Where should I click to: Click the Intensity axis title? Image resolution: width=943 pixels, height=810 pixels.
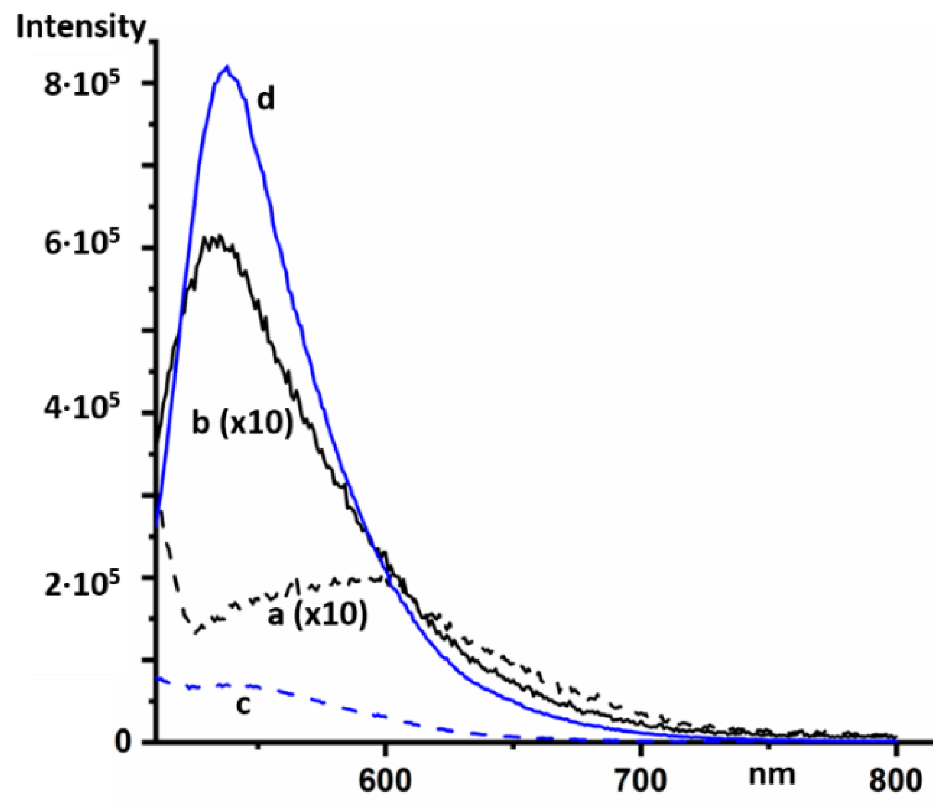[x=81, y=27]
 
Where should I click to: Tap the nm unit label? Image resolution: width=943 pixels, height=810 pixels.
[x=772, y=775]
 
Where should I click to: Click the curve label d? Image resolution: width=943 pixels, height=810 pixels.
[x=266, y=99]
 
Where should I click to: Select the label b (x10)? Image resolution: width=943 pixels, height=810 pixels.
[x=242, y=423]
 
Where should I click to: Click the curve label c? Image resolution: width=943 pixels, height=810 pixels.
[x=243, y=705]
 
